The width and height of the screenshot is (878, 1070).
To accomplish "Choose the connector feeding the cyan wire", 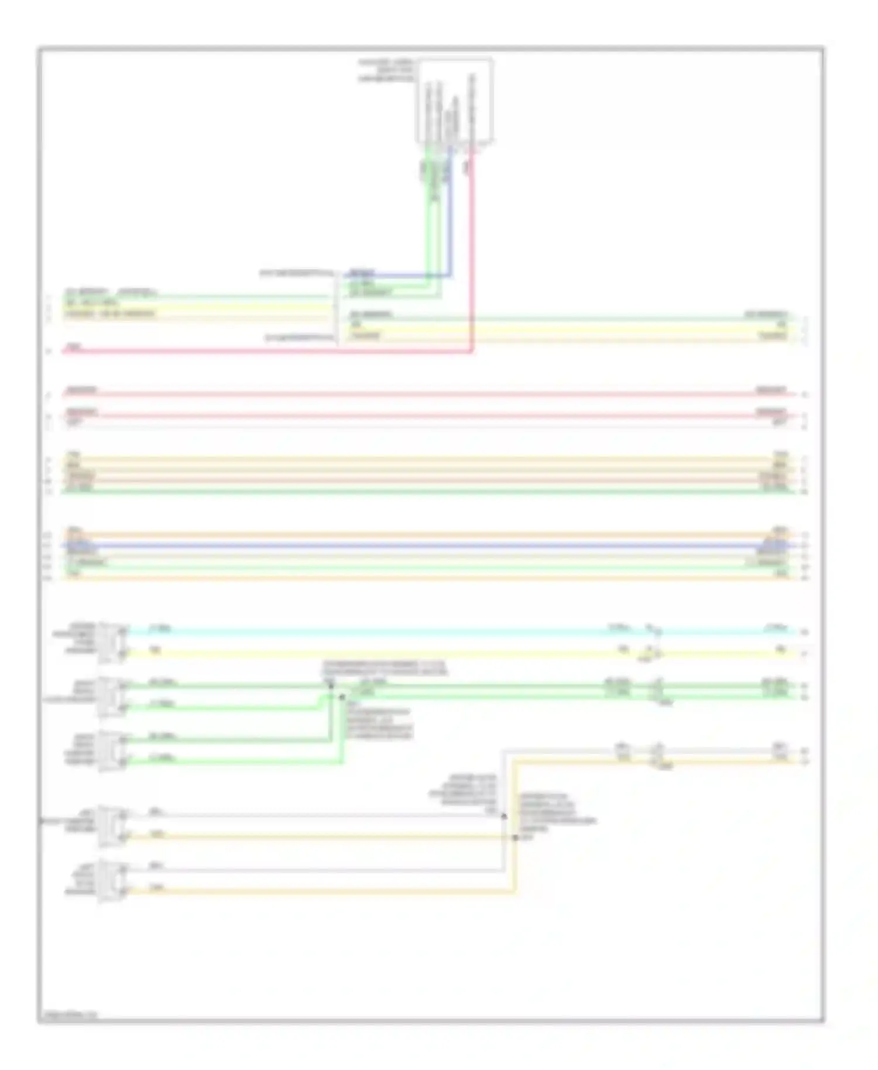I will pos(113,642).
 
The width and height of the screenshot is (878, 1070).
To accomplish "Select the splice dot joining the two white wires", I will pos(504,815).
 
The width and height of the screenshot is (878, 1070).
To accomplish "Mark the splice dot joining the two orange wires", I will pos(515,838).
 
